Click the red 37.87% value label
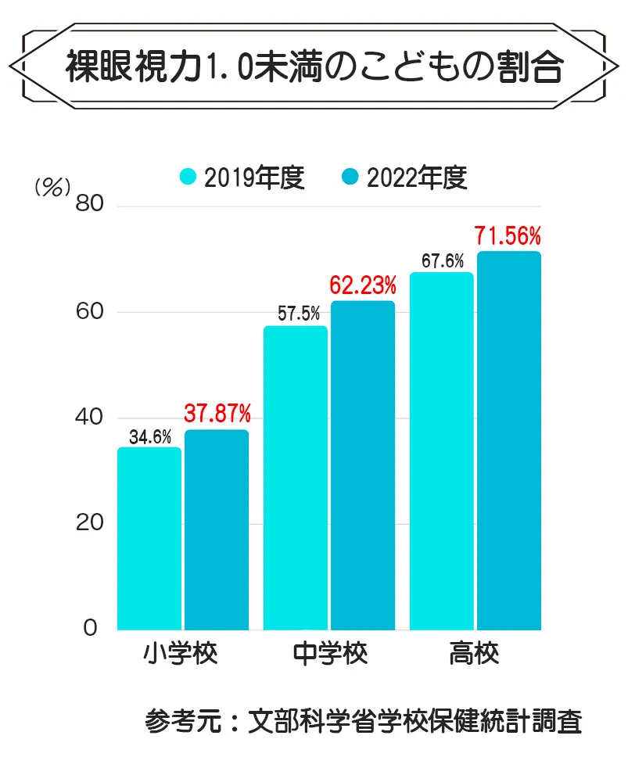click(x=217, y=412)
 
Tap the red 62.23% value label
click(x=363, y=285)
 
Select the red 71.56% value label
click(x=508, y=235)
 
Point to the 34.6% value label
click(x=150, y=437)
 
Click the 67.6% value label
click(x=443, y=261)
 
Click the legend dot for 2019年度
click(x=188, y=178)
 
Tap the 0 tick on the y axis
click(x=91, y=629)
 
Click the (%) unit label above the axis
click(x=53, y=187)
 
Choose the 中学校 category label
click(x=329, y=655)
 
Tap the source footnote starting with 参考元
click(x=363, y=720)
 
